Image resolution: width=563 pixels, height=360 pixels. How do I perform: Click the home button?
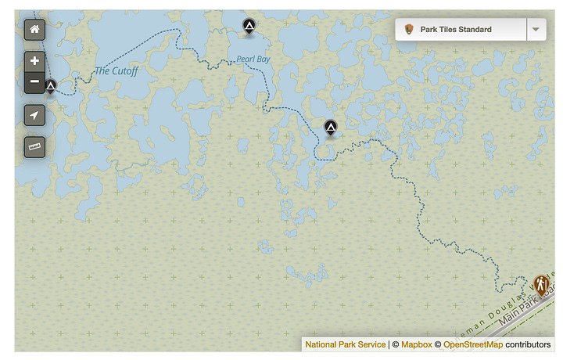pyautogui.click(x=34, y=30)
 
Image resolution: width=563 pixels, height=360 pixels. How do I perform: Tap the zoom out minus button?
pyautogui.click(x=34, y=81)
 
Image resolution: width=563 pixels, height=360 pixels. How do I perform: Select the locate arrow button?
pyautogui.click(x=34, y=116)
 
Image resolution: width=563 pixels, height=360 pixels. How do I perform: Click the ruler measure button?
pyautogui.click(x=34, y=146)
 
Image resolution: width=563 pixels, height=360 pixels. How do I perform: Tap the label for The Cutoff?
pyautogui.click(x=117, y=71)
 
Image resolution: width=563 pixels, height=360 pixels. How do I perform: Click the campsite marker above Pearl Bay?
pyautogui.click(x=249, y=27)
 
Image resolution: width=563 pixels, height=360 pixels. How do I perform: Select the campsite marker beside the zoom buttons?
pyautogui.click(x=51, y=85)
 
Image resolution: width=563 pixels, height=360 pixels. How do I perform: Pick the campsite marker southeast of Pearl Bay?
pyautogui.click(x=331, y=127)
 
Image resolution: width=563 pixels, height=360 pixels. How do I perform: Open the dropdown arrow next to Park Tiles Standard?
pyautogui.click(x=536, y=30)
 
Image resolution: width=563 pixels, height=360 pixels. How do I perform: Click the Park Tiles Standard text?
pyautogui.click(x=456, y=30)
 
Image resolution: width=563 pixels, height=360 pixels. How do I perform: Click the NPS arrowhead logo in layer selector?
pyautogui.click(x=409, y=30)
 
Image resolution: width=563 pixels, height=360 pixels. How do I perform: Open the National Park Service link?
pyautogui.click(x=345, y=344)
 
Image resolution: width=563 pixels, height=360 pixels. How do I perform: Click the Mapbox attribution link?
pyautogui.click(x=416, y=344)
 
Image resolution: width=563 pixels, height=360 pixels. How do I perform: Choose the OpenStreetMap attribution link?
pyautogui.click(x=472, y=344)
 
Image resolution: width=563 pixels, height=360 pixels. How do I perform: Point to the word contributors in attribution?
pyautogui.click(x=528, y=344)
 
